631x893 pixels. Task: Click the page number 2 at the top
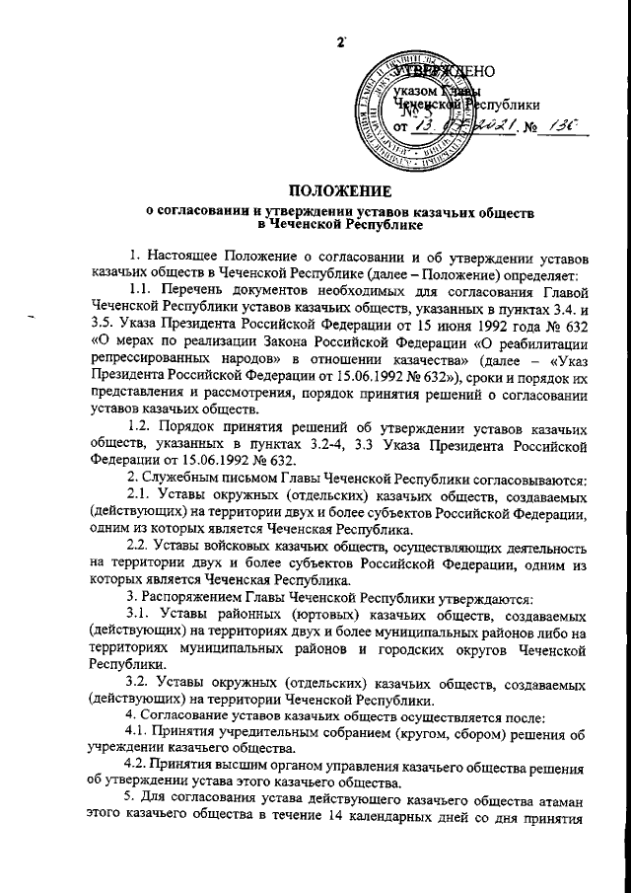tap(341, 41)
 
